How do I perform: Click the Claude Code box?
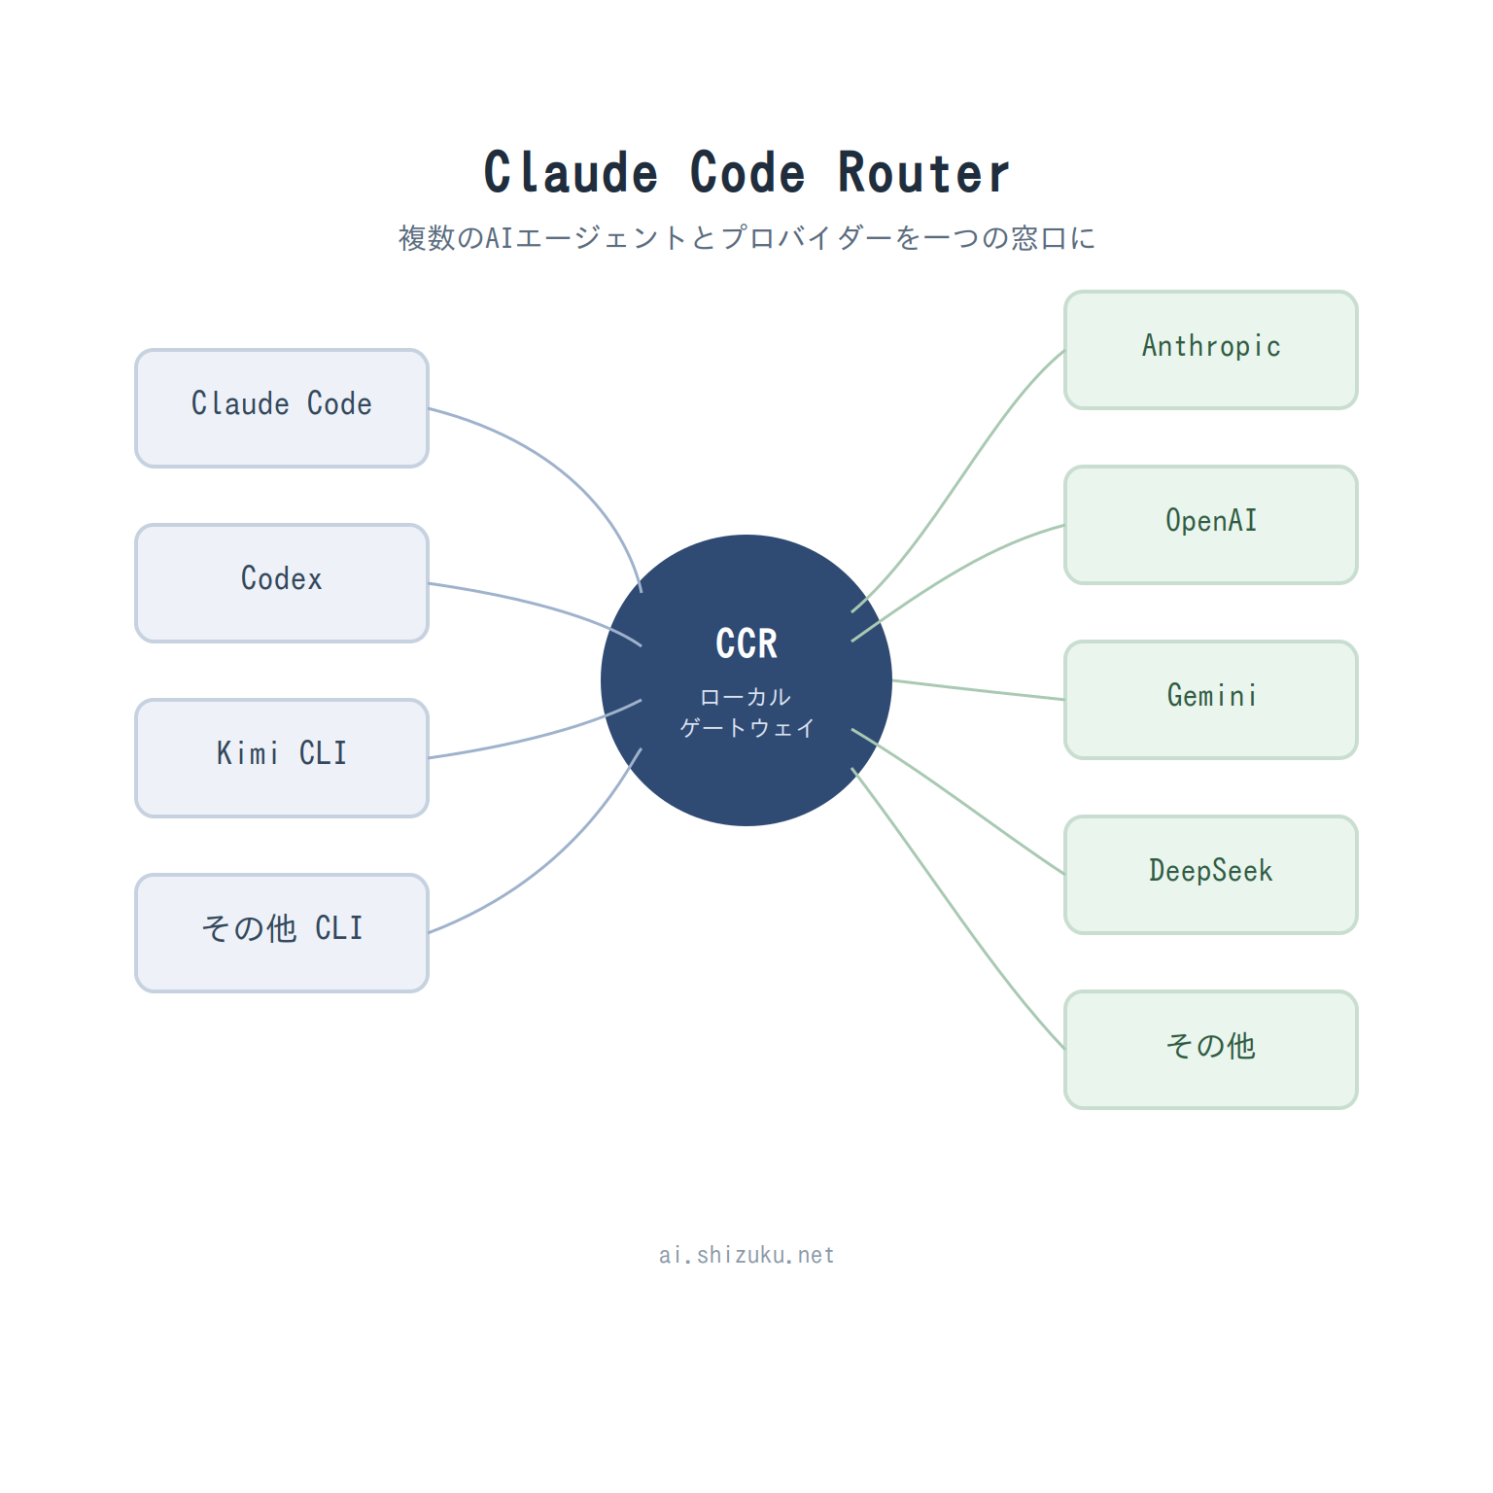click(x=282, y=408)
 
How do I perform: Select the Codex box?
click(x=282, y=583)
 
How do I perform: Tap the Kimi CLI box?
click(x=282, y=758)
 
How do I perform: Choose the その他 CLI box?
click(x=282, y=933)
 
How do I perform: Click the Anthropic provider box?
click(x=1211, y=350)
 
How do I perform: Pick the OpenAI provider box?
click(x=1211, y=525)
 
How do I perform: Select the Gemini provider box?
click(x=1211, y=700)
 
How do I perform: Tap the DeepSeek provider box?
click(x=1211, y=875)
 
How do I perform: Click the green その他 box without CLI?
click(x=1211, y=1050)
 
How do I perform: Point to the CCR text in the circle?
click(x=746, y=643)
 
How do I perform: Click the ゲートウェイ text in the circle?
click(x=746, y=728)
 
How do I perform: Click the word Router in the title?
click(x=923, y=173)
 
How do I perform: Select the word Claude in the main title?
click(x=571, y=173)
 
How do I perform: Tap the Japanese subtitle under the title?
click(x=746, y=238)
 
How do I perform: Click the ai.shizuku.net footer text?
click(x=746, y=1255)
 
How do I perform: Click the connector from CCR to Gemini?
click(x=978, y=690)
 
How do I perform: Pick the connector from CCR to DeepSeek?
click(x=957, y=801)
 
